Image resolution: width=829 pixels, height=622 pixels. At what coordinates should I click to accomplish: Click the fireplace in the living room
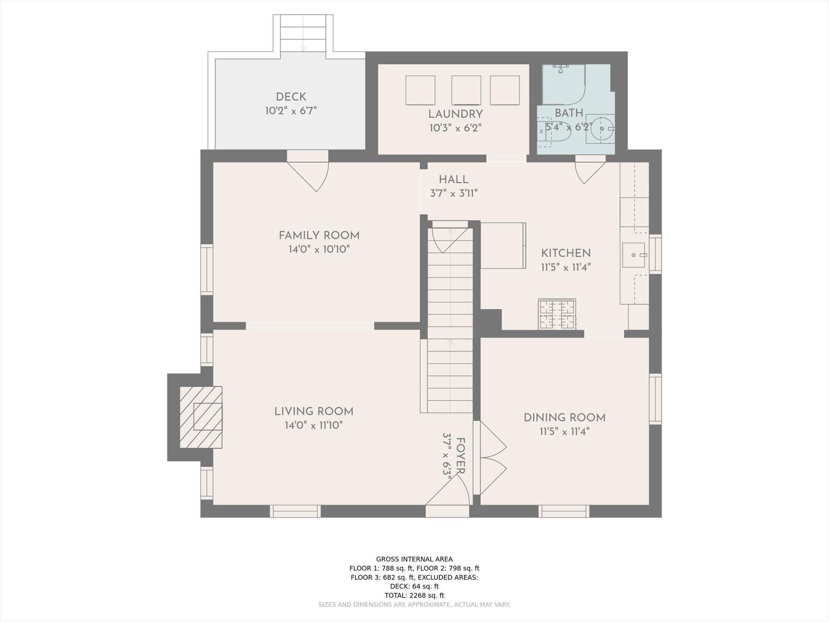point(201,417)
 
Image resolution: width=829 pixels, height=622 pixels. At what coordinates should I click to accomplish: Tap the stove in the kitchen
point(557,314)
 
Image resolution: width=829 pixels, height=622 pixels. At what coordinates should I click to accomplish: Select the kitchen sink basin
point(633,255)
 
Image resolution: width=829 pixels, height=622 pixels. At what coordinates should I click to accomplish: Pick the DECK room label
point(291,97)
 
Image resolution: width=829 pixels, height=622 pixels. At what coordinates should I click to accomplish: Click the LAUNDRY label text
point(456,114)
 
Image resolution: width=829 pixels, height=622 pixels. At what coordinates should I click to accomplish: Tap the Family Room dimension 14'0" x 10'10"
point(319,249)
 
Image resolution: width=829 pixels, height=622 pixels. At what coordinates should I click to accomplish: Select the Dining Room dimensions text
point(564,432)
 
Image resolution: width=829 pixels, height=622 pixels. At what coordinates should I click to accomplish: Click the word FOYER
point(460,456)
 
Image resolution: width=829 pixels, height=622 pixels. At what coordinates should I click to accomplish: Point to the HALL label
point(454,180)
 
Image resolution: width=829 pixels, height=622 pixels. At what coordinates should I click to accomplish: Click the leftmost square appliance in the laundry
point(420,90)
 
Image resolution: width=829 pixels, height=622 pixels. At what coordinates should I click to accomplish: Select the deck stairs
point(303,33)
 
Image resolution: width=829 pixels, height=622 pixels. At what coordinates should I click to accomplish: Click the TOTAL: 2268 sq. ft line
point(414,595)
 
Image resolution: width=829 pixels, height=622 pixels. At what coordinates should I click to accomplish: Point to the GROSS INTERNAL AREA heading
point(414,559)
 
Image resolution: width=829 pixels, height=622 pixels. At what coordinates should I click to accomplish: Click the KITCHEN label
point(566,253)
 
